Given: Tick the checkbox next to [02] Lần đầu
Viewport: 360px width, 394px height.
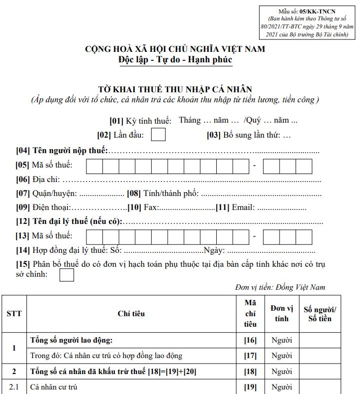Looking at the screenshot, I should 158,135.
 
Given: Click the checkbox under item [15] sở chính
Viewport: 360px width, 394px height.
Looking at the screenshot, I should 66,275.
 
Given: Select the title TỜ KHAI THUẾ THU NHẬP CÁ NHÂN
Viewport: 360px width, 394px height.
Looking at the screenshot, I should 175,90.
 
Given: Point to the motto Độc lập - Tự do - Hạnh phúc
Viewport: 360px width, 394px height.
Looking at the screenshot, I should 175,59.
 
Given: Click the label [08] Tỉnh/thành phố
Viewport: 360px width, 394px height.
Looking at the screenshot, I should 163,194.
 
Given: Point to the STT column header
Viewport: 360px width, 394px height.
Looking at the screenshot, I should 14,314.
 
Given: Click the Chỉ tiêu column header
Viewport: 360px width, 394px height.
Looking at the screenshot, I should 131,314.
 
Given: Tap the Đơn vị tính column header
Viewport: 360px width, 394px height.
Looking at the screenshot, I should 282,314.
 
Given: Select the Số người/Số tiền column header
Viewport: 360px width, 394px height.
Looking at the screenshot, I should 320,314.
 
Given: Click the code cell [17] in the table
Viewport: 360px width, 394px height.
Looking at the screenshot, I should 250,356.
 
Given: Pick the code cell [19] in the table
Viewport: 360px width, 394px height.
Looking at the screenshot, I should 250,387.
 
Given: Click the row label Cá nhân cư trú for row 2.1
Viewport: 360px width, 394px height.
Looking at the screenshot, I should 53,387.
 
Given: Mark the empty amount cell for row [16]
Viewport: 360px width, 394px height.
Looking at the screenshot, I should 320,341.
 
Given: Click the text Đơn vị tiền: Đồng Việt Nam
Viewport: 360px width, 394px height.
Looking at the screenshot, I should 280,287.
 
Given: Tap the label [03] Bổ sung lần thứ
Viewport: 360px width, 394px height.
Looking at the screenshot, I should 248,135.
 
